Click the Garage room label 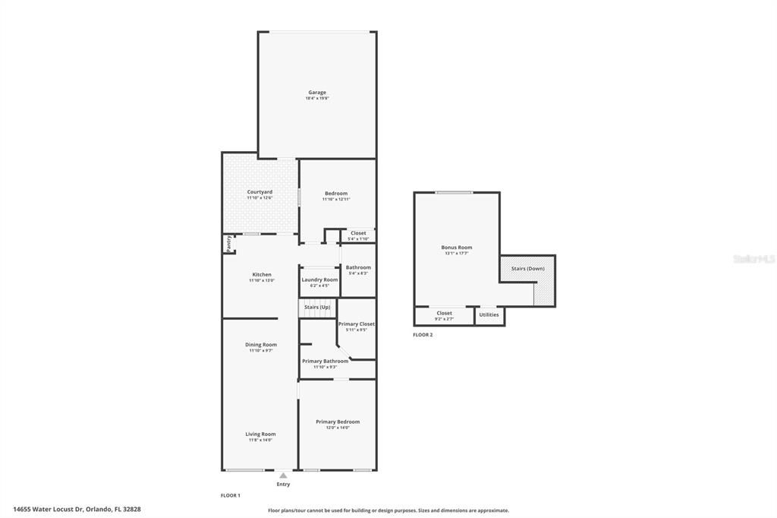(x=317, y=93)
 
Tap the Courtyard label (x=260, y=192)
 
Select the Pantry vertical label (x=228, y=243)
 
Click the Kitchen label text (x=262, y=275)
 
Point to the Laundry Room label (x=319, y=280)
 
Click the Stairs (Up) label (x=317, y=307)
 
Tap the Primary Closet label (x=356, y=324)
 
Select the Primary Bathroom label (x=325, y=362)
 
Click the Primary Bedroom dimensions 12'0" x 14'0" (x=338, y=428)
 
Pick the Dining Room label (x=261, y=345)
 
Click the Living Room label (x=260, y=434)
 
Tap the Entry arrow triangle (x=283, y=475)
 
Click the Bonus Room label (x=457, y=248)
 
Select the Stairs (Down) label (x=527, y=268)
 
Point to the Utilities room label (x=489, y=314)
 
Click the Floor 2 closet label (x=445, y=313)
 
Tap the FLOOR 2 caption (x=423, y=335)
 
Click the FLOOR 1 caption (x=231, y=495)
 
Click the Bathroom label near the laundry (x=358, y=267)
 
